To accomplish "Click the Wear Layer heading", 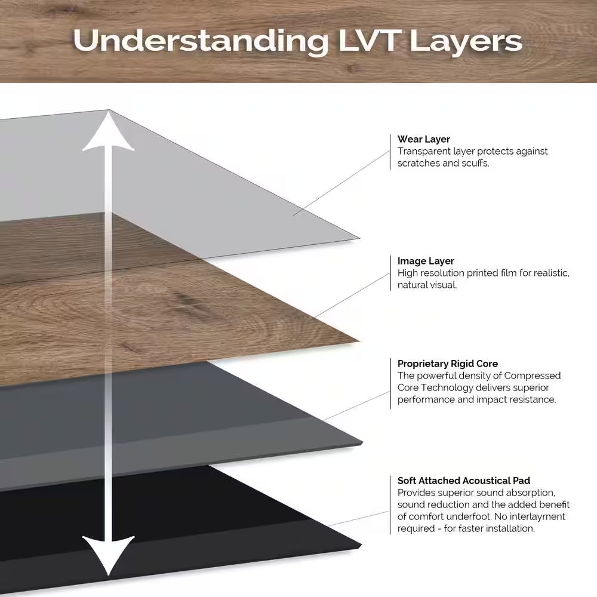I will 424,140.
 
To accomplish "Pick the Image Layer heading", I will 426,261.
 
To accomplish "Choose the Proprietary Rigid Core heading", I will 448,364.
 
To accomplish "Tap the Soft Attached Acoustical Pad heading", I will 464,481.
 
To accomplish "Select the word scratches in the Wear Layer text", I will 419,163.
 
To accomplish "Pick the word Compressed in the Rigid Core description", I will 532,376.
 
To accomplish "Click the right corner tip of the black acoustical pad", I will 361,546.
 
